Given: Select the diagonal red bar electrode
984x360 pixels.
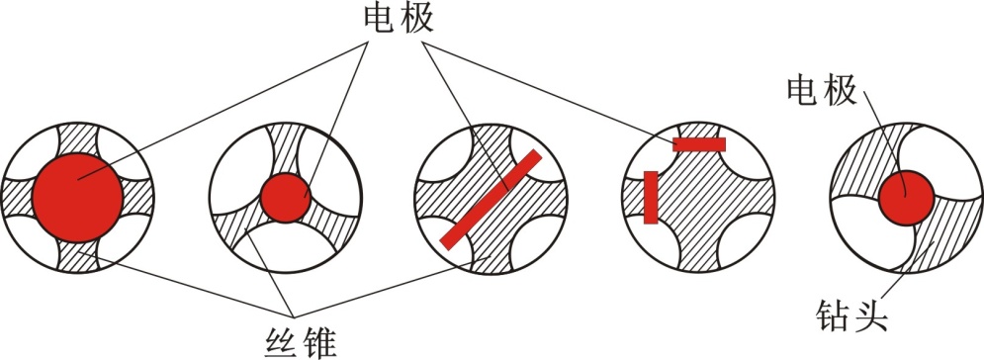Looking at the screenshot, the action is (x=491, y=199).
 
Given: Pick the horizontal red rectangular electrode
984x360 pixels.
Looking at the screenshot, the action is (x=699, y=144).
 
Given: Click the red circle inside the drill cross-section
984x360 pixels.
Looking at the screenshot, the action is (x=905, y=198).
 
